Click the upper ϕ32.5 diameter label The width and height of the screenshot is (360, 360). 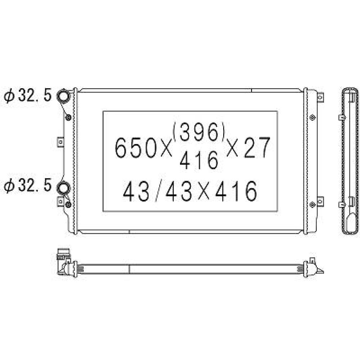click(x=28, y=97)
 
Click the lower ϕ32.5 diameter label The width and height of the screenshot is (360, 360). click(x=28, y=186)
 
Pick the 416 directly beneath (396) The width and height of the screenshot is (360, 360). click(x=199, y=160)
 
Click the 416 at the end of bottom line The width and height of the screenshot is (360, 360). click(x=236, y=191)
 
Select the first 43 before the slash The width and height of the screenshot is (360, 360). click(x=136, y=191)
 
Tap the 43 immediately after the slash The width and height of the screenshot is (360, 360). click(x=179, y=191)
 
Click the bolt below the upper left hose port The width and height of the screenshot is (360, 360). click(x=69, y=118)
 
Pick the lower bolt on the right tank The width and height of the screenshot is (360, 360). click(x=312, y=204)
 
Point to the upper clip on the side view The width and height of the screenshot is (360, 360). click(x=342, y=117)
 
